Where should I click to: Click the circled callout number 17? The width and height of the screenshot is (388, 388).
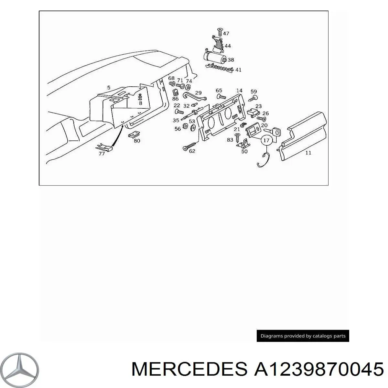266,141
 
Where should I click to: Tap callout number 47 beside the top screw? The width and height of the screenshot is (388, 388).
226,33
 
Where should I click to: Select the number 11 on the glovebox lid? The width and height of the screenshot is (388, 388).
308,153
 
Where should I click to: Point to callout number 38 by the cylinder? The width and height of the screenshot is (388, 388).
231,60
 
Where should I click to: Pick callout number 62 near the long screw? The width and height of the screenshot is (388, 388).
192,151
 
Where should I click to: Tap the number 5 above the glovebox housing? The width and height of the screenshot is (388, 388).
109,88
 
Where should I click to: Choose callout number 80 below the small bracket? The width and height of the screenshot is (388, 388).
137,141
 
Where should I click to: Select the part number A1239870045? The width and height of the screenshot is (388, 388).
319,369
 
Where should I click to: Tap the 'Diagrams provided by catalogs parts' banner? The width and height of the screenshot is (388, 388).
303,336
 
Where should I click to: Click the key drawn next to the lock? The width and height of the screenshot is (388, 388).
275,132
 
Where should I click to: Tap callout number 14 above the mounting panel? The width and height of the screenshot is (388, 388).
239,91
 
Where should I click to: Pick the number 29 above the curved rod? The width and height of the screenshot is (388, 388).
198,93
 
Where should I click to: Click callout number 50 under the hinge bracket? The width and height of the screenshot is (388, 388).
244,151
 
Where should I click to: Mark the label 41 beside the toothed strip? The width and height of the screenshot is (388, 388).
238,70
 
